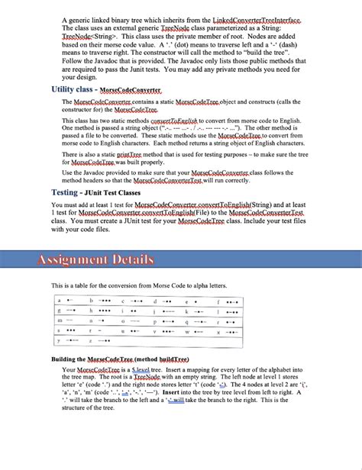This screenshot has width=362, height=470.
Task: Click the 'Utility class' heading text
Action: pyautogui.click(x=73, y=89)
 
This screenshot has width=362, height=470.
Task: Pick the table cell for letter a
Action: pyautogui.click(x=69, y=301)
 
